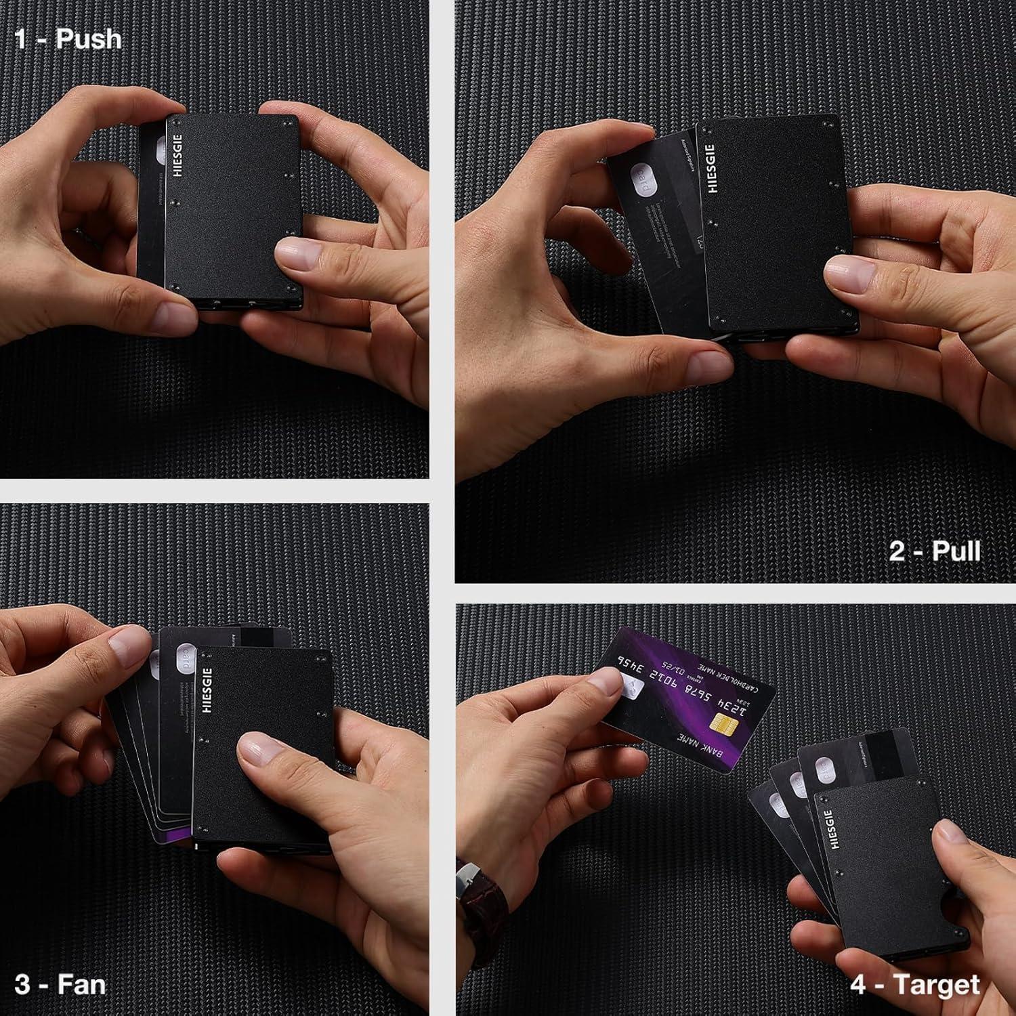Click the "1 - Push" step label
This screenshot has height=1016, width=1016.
pyautogui.click(x=68, y=39)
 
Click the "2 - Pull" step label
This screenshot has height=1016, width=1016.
pyautogui.click(x=935, y=551)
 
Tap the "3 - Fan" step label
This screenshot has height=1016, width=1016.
pyautogui.click(x=60, y=983)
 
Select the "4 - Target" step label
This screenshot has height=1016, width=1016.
pyautogui.click(x=915, y=984)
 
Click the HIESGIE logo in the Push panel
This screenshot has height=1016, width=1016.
pyautogui.click(x=178, y=154)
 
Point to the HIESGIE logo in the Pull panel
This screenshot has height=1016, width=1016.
pyautogui.click(x=711, y=168)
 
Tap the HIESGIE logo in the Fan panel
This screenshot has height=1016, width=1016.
pyautogui.click(x=207, y=690)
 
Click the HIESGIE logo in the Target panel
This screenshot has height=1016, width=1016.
pyautogui.click(x=834, y=828)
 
